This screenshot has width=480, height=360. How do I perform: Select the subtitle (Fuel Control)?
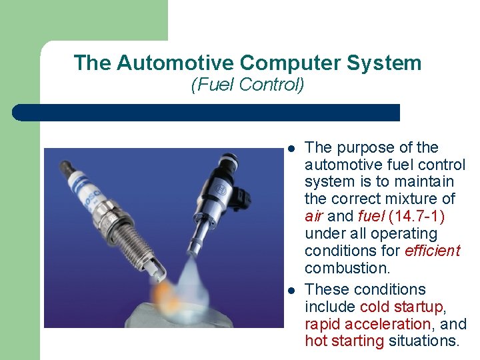pos(247,85)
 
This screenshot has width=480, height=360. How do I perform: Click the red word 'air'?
pos(314,217)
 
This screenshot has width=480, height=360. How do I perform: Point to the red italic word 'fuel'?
pos(371,217)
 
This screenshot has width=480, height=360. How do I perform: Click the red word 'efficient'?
pos(432,251)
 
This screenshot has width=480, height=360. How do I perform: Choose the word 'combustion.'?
pos(347,269)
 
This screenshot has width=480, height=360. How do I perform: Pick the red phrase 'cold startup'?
pos(401,307)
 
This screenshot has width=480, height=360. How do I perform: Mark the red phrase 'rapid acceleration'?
pos(367,325)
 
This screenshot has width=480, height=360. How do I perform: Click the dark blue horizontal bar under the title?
pos(207,113)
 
